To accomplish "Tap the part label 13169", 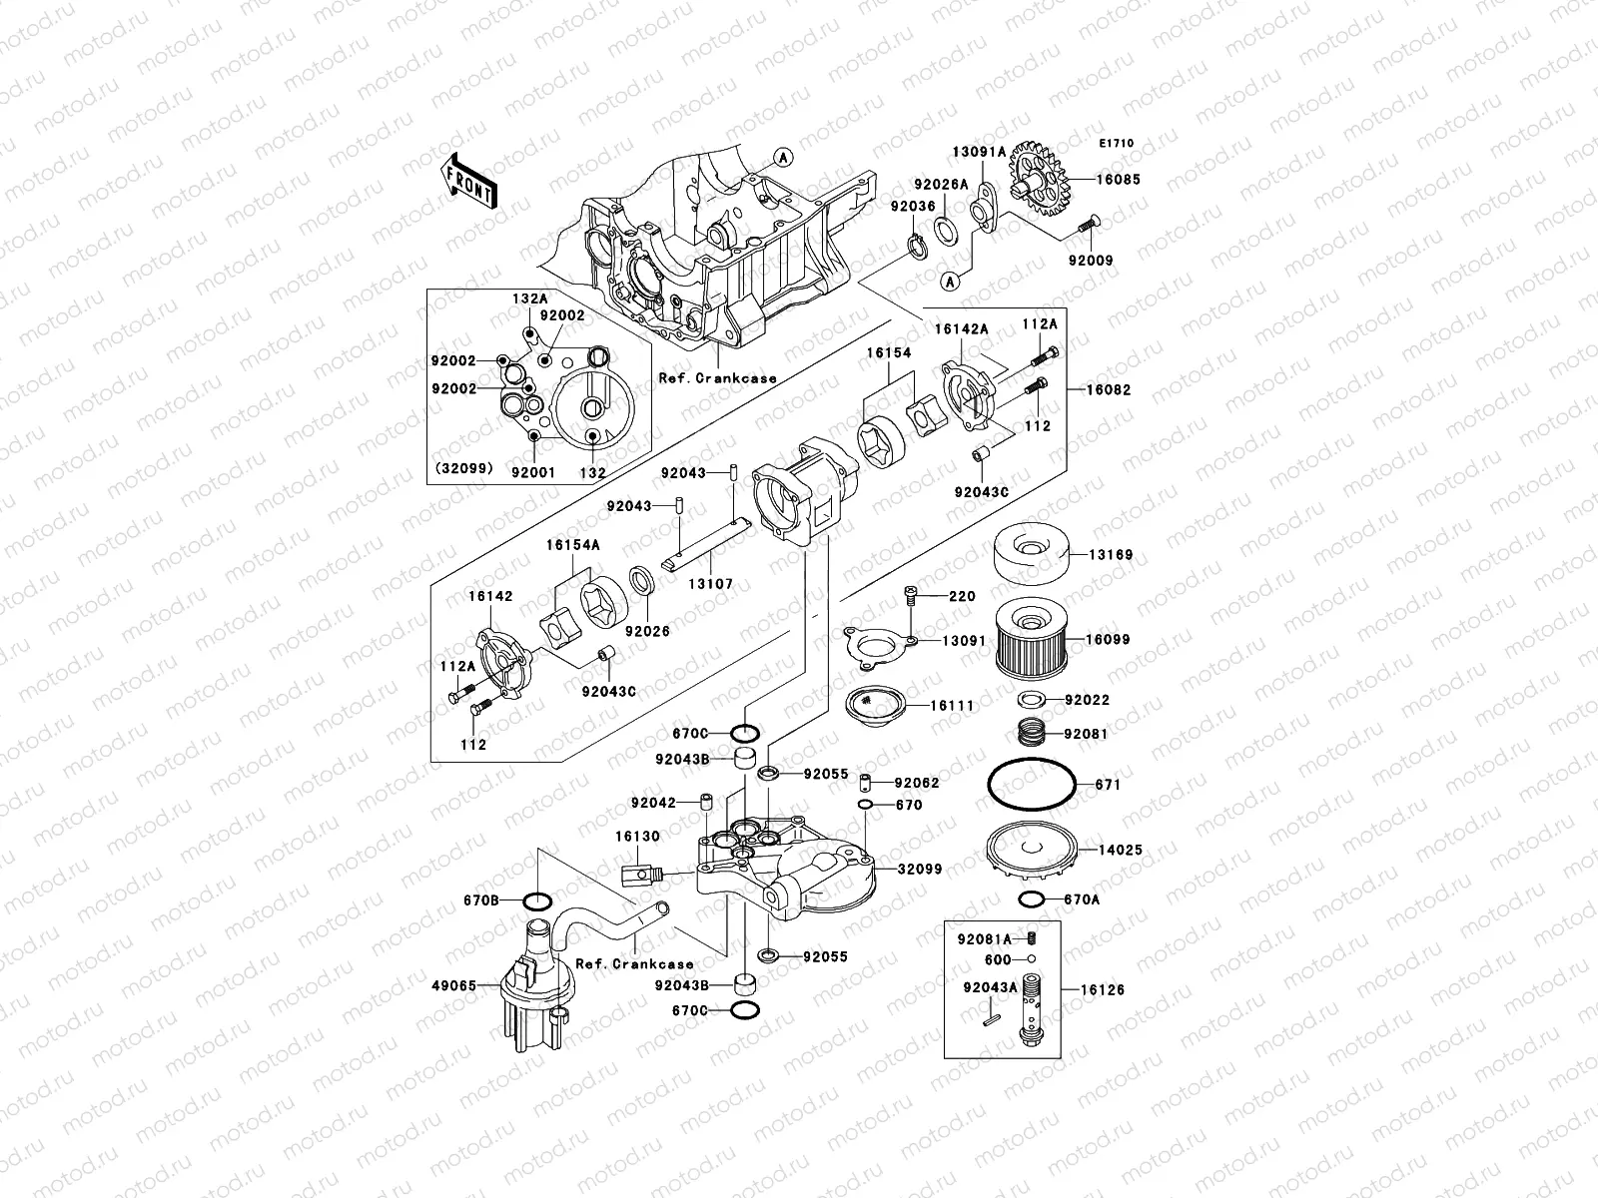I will (x=1110, y=555).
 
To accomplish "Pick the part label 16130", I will (x=637, y=837).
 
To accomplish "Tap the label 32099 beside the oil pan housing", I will (x=919, y=870).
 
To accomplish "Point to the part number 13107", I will (x=710, y=584).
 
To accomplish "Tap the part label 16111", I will (x=952, y=706).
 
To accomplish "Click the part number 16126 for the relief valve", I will (x=1103, y=990).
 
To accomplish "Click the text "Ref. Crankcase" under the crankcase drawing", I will (x=717, y=378).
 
